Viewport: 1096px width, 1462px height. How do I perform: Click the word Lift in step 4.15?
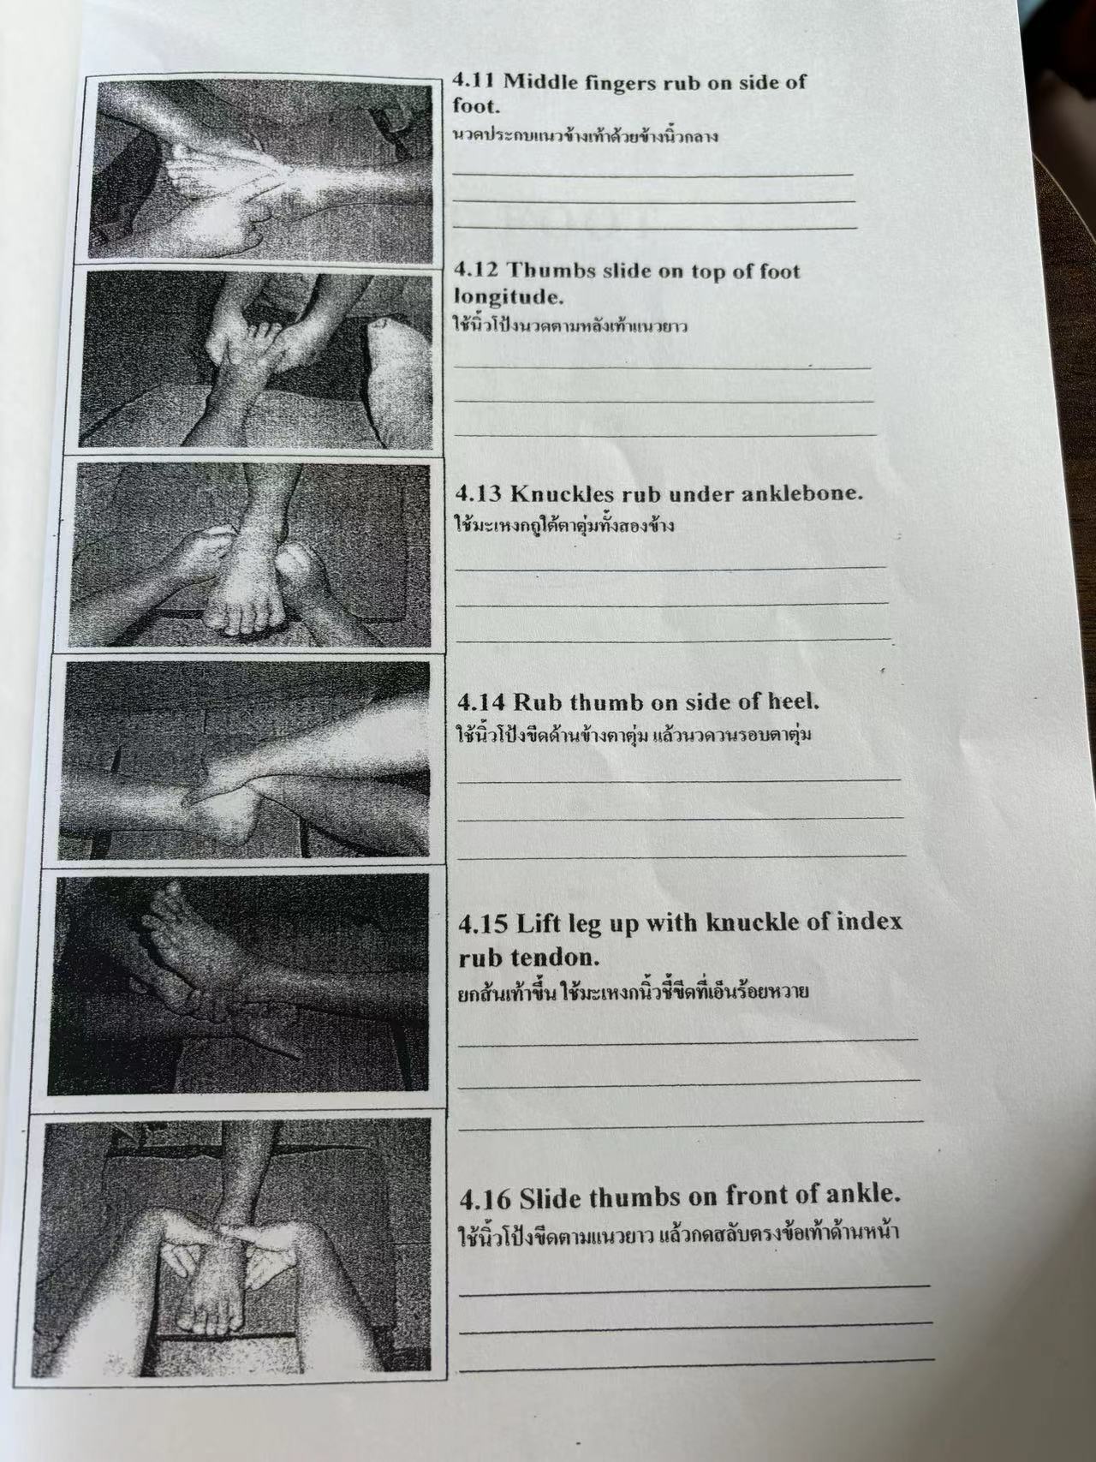click(538, 922)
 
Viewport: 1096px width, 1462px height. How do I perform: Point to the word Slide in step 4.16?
click(550, 1196)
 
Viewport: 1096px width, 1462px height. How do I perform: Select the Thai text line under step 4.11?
click(585, 135)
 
